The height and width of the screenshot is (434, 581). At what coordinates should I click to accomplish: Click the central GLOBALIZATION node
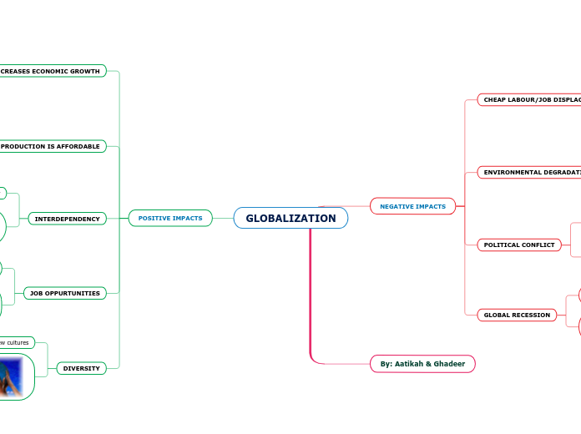290,219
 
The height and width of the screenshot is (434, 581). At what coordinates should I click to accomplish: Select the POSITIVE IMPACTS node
170,219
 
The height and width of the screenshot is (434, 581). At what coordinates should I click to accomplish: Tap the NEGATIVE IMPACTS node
412,206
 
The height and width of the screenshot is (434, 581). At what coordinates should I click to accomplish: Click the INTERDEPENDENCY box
67,219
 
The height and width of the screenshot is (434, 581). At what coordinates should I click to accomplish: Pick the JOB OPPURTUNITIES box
64,293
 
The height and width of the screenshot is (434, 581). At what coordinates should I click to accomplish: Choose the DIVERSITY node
82,368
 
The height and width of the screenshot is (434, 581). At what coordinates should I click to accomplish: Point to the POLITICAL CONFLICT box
519,245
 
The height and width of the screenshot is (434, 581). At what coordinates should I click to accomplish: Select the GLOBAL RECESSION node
518,315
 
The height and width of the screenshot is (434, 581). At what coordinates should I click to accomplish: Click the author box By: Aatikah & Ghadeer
422,364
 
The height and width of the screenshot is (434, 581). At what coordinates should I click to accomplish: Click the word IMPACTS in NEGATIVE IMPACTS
431,206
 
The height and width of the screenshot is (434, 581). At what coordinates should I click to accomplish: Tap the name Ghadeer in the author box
448,364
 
